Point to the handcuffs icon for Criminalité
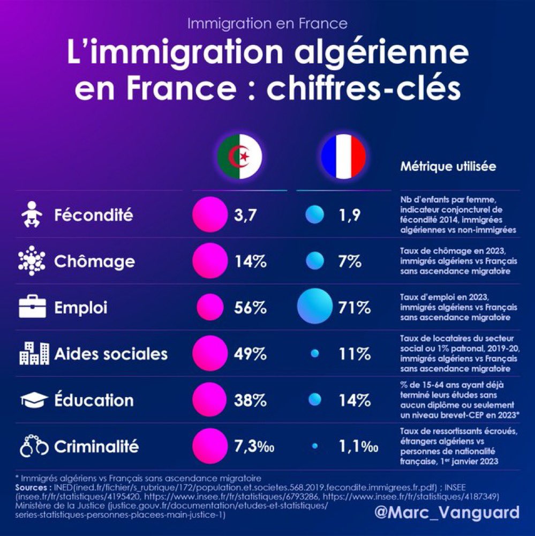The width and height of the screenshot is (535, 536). pos(34,446)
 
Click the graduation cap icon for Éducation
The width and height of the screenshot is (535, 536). pos(33,400)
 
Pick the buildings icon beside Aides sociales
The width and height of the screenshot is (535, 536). pos(33,354)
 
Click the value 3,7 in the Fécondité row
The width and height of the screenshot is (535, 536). pos(247,215)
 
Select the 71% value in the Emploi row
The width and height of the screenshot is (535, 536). pos(354,308)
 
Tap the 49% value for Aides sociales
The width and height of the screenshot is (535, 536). pos(250,354)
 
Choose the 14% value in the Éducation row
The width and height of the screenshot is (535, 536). pos(354,400)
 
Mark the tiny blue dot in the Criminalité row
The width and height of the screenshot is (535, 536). pos(314,445)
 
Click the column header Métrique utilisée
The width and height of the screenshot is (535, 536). pos(448,167)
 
